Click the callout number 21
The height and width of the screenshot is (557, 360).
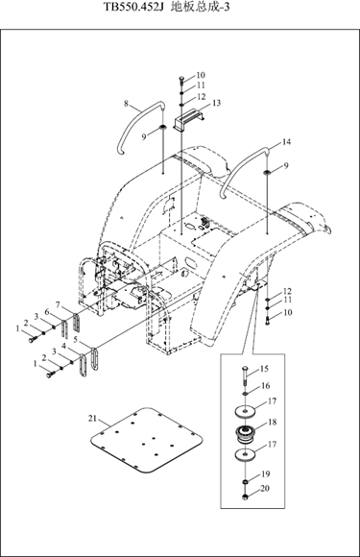pos(92,419)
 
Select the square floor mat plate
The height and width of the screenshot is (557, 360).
pos(147,440)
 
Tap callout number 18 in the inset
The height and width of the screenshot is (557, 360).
pos(273,422)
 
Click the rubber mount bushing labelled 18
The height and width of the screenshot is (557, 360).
pos(246,434)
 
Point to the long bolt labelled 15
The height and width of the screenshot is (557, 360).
pos(246,376)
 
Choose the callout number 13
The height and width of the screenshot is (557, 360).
pos(216,103)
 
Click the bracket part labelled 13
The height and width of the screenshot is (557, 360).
pos(190,121)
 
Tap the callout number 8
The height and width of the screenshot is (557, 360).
pos(127,104)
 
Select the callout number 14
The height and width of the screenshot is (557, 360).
pos(286,142)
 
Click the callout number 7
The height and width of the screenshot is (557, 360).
pos(59,304)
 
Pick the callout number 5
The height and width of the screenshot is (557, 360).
pos(75,339)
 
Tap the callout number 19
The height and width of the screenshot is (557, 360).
pos(266,473)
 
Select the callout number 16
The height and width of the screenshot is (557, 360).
pos(266,385)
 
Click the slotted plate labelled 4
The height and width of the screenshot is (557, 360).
pos(83,365)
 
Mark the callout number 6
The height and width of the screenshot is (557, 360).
pos(46,311)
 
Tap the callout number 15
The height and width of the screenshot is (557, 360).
pos(264,369)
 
